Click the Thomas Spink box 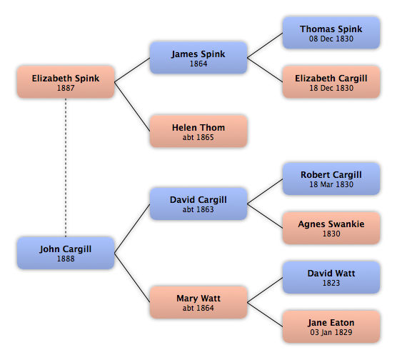pyautogui.click(x=331, y=33)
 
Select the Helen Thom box pyautogui.click(x=198, y=131)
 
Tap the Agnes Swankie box pyautogui.click(x=331, y=229)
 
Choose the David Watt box pyautogui.click(x=331, y=277)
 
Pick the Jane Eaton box pyautogui.click(x=331, y=327)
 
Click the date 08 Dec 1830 pyautogui.click(x=331, y=39)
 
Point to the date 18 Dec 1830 pyautogui.click(x=331, y=88)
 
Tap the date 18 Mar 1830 pyautogui.click(x=331, y=184)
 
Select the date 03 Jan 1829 pyautogui.click(x=331, y=332)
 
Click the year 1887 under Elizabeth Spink pyautogui.click(x=66, y=88)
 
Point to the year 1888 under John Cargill pyautogui.click(x=66, y=259)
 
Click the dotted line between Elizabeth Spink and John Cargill pyautogui.click(x=66, y=167)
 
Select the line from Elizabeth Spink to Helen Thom pyautogui.click(x=132, y=106)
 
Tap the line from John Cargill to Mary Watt pyautogui.click(x=132, y=278)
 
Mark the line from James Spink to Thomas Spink pyautogui.click(x=265, y=45)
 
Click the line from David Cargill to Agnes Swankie pyautogui.click(x=265, y=216)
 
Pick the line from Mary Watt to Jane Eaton pyautogui.click(x=265, y=315)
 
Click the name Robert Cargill pyautogui.click(x=331, y=175)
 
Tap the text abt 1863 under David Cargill pyautogui.click(x=198, y=209)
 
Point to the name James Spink pyautogui.click(x=198, y=54)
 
